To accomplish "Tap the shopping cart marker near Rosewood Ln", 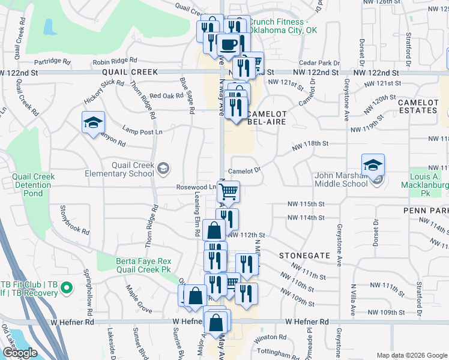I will coord(228,192).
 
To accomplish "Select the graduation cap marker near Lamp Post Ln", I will coord(93,123).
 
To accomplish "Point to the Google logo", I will coord(19,353).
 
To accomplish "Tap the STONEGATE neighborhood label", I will coord(304,256).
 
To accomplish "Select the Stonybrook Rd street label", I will coord(74,220).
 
